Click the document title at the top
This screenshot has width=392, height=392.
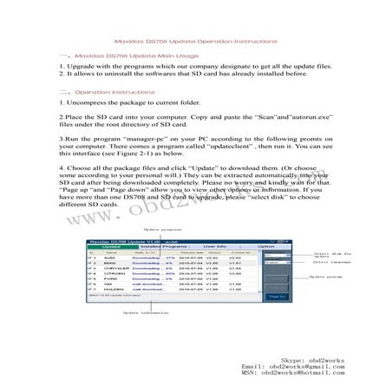(x=196, y=41)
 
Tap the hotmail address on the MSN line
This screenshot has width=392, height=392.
(x=304, y=375)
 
